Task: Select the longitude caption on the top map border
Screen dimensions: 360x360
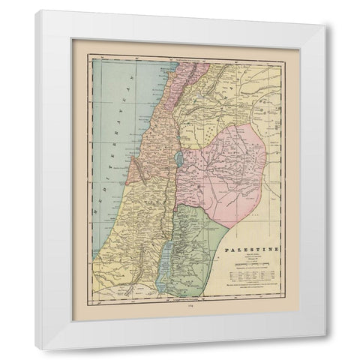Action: pos(180,58)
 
